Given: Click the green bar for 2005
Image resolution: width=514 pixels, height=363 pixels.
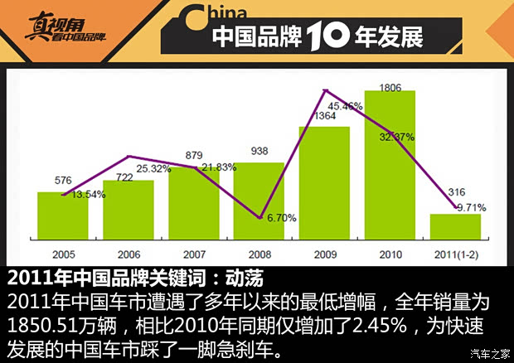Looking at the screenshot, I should (62, 215).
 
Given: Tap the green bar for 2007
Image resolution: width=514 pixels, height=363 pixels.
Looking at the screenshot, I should (193, 203).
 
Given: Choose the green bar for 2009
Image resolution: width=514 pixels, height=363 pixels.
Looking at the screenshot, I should (324, 182).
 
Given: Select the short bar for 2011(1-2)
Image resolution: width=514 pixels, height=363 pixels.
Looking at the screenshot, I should (455, 226).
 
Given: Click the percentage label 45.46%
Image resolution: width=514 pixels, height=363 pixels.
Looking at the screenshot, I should (345, 106).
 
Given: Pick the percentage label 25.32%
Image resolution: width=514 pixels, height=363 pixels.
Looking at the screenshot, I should (154, 168).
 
